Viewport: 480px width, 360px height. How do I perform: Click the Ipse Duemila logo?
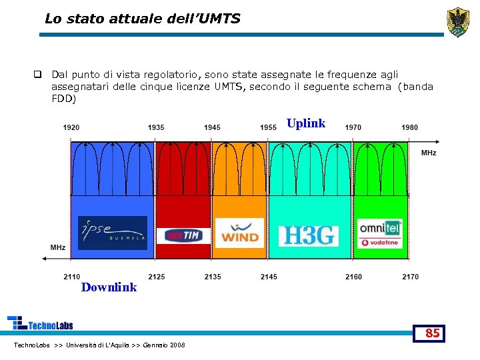113,233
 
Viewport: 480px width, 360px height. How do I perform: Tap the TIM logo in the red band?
183,236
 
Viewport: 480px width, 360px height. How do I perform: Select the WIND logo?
240,233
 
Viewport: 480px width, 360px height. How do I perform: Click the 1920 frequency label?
71,127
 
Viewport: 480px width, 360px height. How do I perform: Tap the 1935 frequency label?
156,127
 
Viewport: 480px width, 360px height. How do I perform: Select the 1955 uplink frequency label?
269,127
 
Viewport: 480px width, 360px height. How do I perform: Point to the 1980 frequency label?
410,127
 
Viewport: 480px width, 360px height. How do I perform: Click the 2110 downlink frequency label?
71,277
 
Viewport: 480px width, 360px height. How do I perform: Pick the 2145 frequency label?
269,277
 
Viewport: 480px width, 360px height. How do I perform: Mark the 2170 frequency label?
410,277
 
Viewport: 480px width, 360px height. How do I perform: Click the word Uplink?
306,123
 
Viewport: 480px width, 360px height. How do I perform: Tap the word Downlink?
109,287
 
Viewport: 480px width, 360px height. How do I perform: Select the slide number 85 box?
433,333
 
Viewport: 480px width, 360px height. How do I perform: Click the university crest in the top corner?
457,22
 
